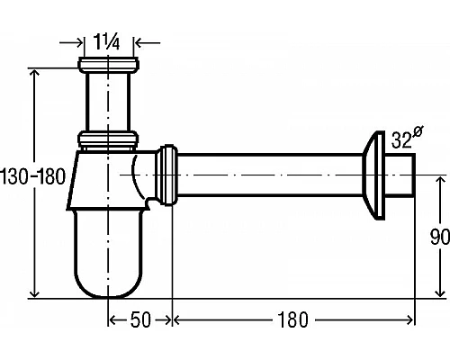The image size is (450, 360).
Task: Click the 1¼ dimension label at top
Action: [x=106, y=41]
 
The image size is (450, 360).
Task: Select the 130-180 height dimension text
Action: [x=33, y=176]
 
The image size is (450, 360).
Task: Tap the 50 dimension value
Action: [x=140, y=319]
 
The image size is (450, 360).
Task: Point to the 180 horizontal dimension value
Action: [x=292, y=319]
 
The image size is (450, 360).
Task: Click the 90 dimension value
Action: [x=440, y=237]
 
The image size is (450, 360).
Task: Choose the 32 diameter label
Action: [x=401, y=139]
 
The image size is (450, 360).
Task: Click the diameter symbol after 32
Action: [x=418, y=131]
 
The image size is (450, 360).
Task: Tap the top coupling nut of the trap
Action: [x=108, y=65]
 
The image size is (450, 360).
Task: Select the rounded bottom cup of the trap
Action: [x=108, y=254]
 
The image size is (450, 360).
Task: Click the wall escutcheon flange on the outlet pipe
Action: [x=373, y=175]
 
